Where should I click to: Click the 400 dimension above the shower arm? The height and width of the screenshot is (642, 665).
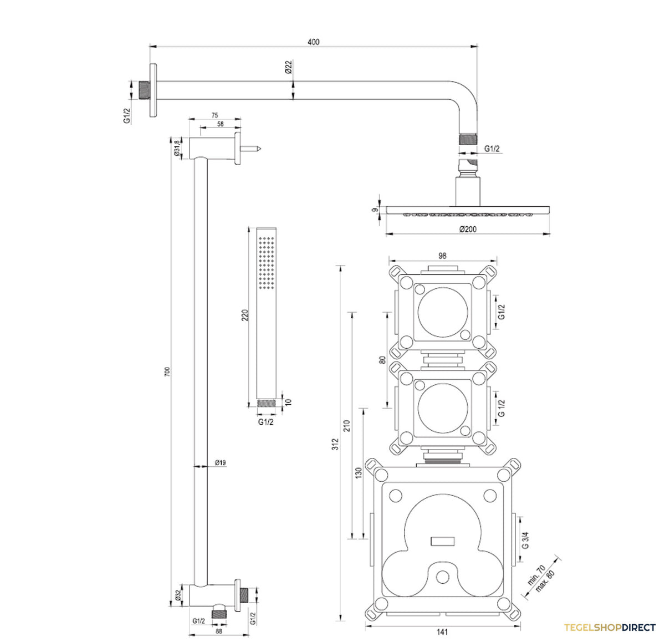pos(313,42)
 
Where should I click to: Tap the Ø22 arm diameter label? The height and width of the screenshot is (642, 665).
pos(288,67)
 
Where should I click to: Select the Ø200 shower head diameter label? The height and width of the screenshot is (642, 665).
pos(468,229)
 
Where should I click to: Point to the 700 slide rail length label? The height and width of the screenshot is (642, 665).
pos(167,371)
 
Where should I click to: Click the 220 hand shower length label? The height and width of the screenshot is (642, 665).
pos(245,315)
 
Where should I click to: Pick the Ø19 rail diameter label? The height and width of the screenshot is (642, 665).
pos(221,462)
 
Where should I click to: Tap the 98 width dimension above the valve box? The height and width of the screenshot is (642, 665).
pos(442,256)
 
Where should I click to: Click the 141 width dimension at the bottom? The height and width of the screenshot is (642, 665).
pos(442,632)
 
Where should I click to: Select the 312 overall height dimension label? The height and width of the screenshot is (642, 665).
pos(336,444)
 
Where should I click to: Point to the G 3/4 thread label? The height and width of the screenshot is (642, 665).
pos(525,540)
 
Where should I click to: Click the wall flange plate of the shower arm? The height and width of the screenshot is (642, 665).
pos(153,90)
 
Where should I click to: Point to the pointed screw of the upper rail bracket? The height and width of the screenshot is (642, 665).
pos(250,149)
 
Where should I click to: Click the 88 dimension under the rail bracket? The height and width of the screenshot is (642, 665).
pos(219,631)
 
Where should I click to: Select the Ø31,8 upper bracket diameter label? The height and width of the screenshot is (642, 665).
pos(177,148)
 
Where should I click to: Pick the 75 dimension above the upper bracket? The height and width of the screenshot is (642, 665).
pos(214,115)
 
